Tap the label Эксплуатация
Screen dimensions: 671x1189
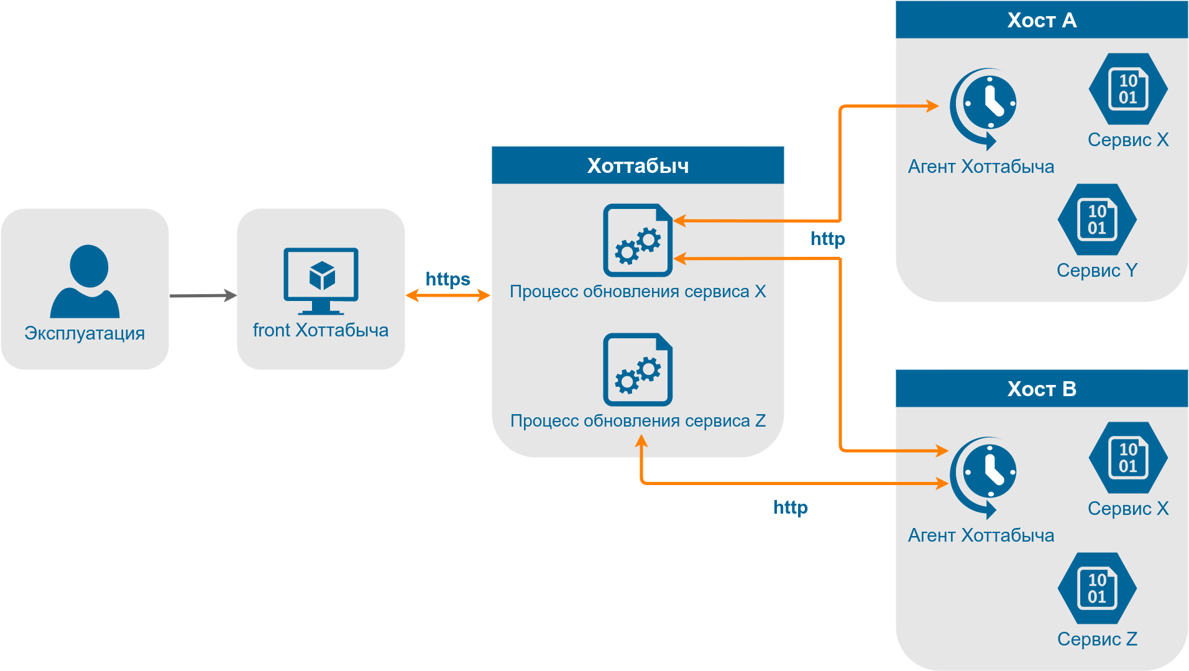85,333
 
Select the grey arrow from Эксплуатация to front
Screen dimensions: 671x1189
203,295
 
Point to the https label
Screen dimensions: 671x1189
448,279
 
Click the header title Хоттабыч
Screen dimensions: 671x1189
638,165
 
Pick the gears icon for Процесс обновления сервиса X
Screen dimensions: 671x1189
638,240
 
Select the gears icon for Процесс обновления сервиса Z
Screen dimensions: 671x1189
638,369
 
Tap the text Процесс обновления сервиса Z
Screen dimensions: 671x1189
638,421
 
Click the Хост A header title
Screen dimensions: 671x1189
1042,20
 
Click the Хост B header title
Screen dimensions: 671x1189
1042,389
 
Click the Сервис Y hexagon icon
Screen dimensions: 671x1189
1097,220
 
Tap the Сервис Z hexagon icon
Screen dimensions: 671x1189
1097,588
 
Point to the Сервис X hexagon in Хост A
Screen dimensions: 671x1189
1128,89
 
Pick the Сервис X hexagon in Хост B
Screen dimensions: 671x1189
1128,458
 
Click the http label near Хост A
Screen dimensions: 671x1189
827,239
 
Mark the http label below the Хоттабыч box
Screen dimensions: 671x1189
790,507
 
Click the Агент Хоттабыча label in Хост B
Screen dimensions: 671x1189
981,535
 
